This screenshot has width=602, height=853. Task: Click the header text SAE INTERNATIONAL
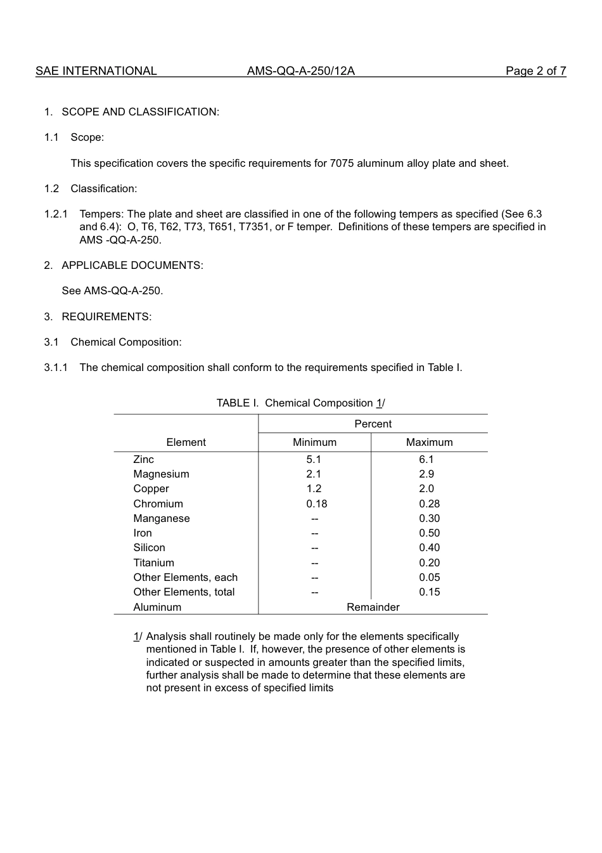[96, 71]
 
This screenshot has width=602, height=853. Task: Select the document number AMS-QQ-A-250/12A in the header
[300, 71]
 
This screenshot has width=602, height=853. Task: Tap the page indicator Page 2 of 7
[535, 71]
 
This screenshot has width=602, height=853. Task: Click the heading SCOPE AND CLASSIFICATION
[140, 112]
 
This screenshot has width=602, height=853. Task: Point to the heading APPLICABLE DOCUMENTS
[132, 265]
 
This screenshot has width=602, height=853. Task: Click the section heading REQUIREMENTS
[106, 316]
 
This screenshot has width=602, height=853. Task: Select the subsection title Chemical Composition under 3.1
[126, 342]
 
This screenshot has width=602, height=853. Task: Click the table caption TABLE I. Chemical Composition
[300, 403]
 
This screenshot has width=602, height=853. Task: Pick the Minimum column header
[314, 442]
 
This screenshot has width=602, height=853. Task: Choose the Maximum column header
[429, 442]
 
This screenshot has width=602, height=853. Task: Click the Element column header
[186, 442]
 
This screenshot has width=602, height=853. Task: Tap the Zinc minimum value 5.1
[314, 459]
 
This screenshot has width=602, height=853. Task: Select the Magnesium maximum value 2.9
[426, 474]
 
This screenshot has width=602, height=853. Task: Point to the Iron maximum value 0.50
[429, 533]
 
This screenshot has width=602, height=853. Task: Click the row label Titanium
[153, 563]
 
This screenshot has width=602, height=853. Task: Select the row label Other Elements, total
[184, 592]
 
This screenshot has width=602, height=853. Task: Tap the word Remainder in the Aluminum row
[373, 607]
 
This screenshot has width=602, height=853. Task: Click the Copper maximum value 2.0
[426, 488]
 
